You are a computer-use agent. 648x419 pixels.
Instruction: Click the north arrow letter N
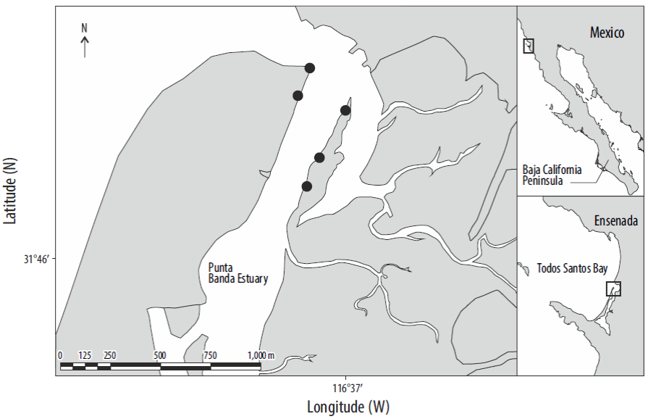point(84,28)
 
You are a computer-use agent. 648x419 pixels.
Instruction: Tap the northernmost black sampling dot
point(310,68)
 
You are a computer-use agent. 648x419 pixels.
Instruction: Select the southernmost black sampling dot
point(306,186)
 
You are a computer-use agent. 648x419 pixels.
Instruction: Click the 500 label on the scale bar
point(160,355)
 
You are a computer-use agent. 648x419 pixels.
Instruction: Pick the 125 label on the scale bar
point(85,355)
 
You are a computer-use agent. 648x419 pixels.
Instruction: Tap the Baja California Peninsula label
point(552,174)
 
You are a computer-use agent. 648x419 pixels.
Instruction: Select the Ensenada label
point(615,220)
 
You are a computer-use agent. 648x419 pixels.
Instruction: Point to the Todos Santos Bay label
point(572,267)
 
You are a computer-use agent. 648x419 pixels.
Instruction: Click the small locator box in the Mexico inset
point(529,46)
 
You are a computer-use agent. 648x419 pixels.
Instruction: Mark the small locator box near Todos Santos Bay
point(613,289)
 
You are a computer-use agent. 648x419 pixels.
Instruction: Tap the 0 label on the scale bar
point(60,355)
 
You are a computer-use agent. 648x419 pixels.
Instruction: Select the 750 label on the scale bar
point(210,355)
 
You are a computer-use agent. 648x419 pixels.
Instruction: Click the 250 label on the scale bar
point(109,355)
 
